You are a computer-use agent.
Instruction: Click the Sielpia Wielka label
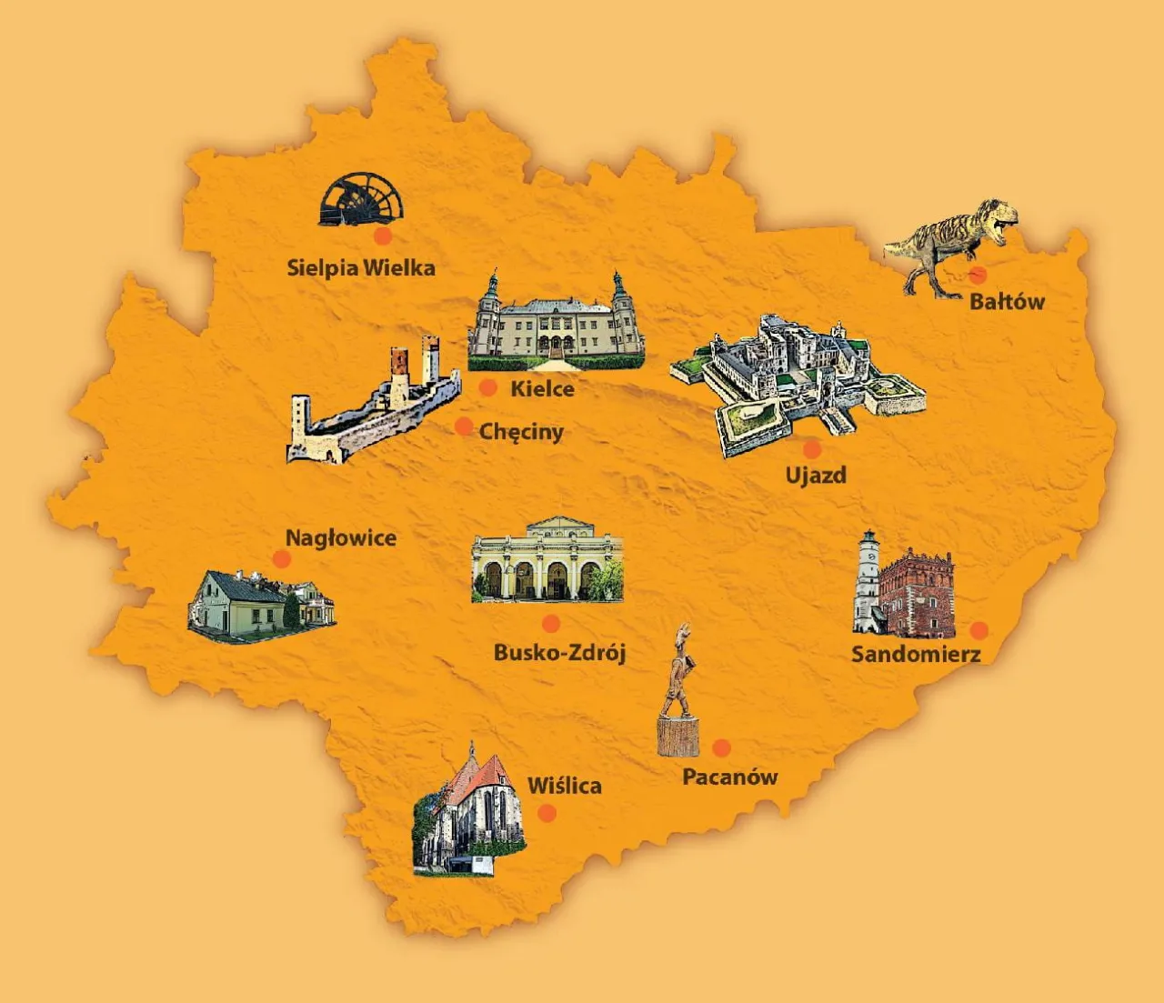tap(361, 268)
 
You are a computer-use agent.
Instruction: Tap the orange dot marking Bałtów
tap(978, 275)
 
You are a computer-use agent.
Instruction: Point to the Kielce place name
tap(542, 389)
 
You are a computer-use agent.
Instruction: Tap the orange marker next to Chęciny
tap(464, 426)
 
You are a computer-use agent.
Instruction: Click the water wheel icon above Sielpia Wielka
tap(361, 200)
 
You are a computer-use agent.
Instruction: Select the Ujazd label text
tap(816, 476)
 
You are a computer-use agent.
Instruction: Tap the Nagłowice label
tap(341, 538)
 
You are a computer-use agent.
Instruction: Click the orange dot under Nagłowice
tap(281, 559)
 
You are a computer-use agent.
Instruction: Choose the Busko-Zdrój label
tap(559, 652)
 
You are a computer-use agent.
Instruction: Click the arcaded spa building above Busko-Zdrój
tap(547, 562)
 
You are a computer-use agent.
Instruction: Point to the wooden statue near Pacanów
tap(678, 696)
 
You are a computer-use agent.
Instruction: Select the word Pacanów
tap(730, 777)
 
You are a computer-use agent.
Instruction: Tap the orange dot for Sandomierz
tap(978, 630)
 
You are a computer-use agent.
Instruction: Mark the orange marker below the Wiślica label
tap(547, 812)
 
